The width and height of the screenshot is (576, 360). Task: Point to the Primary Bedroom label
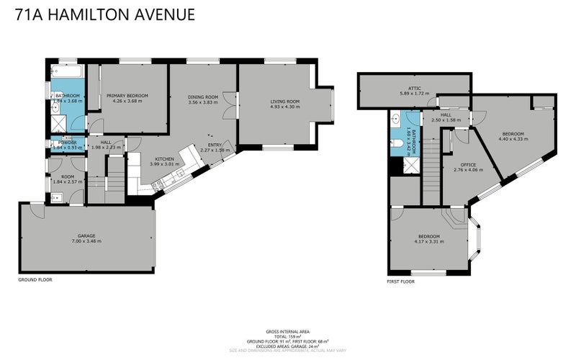click(127, 96)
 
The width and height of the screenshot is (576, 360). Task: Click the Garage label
click(86, 235)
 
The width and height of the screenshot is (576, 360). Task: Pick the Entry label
click(215, 145)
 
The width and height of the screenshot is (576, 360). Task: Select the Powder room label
click(58, 143)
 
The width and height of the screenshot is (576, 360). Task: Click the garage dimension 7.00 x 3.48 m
click(86, 241)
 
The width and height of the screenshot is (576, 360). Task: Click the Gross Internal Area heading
click(288, 325)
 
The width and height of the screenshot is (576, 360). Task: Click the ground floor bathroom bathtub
click(67, 72)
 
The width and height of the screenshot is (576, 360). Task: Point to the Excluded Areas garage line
click(288, 346)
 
